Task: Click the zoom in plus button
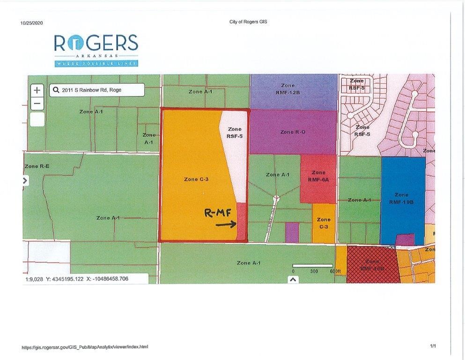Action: click(x=37, y=90)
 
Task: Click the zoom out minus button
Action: click(x=37, y=103)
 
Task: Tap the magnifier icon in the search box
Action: click(x=56, y=90)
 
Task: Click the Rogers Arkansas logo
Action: click(x=96, y=49)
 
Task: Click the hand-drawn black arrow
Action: click(x=226, y=225)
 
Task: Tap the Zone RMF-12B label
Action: click(x=288, y=89)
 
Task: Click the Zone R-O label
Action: click(x=293, y=132)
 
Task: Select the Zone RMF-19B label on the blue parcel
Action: click(x=401, y=198)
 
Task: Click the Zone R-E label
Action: click(x=37, y=166)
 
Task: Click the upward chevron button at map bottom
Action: click(x=293, y=279)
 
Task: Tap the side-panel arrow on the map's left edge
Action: click(x=25, y=180)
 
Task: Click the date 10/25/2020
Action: click(x=32, y=22)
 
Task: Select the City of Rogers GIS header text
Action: click(x=248, y=22)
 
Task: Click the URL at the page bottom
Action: click(x=85, y=347)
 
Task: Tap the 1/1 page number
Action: click(x=433, y=346)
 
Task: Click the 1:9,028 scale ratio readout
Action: click(x=34, y=279)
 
